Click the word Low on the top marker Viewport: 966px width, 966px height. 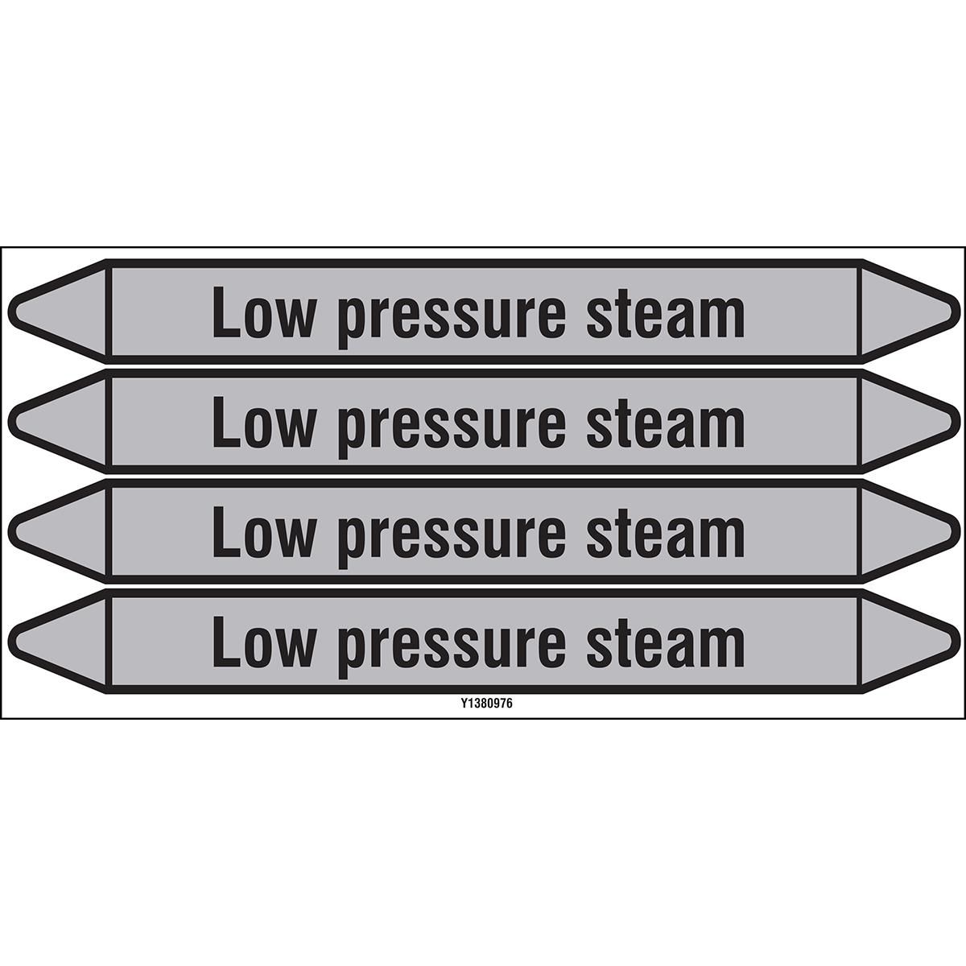263,312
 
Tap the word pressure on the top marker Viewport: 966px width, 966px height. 452,318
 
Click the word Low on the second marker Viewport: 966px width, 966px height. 263,422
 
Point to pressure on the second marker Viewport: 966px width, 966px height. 452,428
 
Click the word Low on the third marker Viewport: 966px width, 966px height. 263,532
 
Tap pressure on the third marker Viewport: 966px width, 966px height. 452,539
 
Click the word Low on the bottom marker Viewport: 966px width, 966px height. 263,642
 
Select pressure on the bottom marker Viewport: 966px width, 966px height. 452,649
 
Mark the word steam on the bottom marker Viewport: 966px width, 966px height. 666,645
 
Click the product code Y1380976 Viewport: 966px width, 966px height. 487,704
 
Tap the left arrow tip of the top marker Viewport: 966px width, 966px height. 10,312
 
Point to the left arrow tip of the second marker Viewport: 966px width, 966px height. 10,422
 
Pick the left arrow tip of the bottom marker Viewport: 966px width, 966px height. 10,642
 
